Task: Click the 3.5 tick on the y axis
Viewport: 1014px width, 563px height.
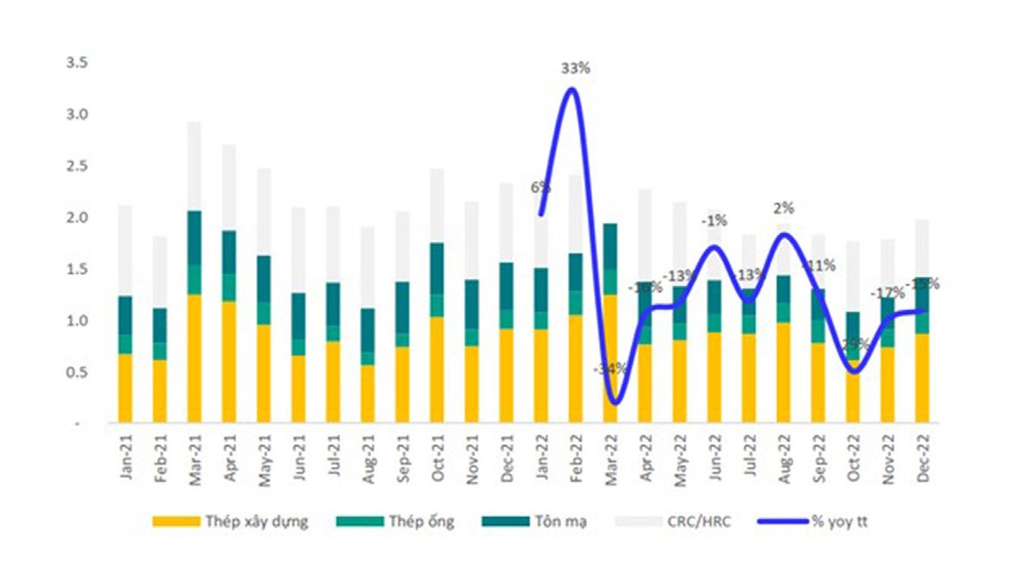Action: (77, 62)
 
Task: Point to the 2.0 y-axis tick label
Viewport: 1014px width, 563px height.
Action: (77, 218)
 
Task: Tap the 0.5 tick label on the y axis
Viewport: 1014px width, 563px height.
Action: (77, 373)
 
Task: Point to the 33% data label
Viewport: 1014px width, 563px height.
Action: (573, 68)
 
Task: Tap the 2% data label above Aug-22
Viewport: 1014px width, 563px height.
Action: (784, 208)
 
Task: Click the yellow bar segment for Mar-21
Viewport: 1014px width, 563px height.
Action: (195, 359)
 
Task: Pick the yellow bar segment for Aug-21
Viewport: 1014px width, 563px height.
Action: (368, 393)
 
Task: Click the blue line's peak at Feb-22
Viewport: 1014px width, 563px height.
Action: (573, 89)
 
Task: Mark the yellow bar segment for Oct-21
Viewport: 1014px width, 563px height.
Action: (438, 370)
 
